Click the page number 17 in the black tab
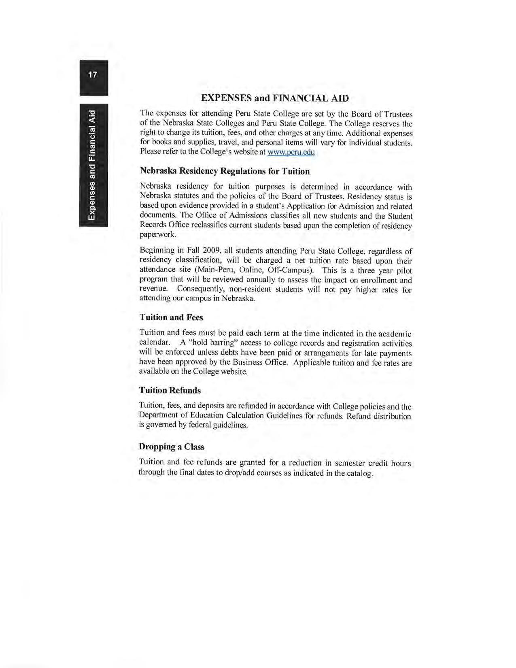93,75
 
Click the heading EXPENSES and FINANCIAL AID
275,98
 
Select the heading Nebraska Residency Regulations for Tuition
225,171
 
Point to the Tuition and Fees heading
171,317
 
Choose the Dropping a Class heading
171,447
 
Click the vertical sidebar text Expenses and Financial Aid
93,165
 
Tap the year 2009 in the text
210,251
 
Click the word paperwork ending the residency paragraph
157,235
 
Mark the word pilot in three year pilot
404,270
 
